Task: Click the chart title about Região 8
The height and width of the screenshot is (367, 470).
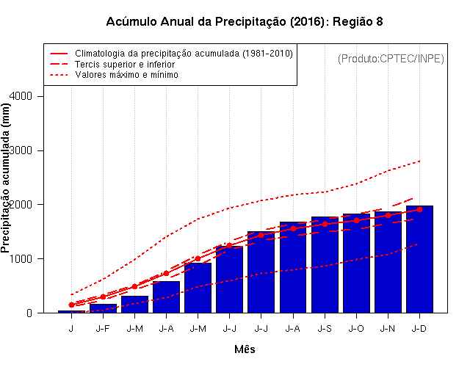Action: point(245,21)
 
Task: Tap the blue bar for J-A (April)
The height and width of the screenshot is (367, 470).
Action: point(166,297)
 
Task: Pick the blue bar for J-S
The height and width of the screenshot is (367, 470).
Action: point(325,264)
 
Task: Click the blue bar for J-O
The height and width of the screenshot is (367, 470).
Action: point(356,263)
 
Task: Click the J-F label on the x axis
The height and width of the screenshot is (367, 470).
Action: point(103,328)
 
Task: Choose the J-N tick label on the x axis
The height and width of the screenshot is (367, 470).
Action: point(388,328)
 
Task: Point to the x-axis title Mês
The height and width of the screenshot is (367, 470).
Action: point(245,349)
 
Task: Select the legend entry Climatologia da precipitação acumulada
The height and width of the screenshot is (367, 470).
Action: point(184,54)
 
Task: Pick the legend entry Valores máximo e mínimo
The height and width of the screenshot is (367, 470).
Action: point(126,75)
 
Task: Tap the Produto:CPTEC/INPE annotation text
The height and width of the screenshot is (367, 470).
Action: point(391,58)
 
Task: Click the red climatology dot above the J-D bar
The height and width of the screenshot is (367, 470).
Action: point(419,209)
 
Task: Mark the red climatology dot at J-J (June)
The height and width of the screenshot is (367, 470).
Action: point(229,245)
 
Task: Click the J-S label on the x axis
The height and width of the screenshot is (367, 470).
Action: point(325,328)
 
